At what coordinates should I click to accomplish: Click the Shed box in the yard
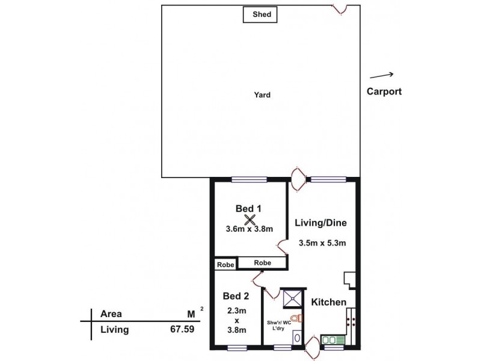coord(260,14)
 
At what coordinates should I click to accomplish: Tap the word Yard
coord(262,94)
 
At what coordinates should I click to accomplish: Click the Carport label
coord(384,92)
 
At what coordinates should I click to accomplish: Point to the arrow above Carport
coord(381,75)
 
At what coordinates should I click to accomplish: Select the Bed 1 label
coord(248,208)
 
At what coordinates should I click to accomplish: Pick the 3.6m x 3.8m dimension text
coord(250,229)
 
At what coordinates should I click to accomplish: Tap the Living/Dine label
coord(321,223)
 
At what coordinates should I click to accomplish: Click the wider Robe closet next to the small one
coord(262,263)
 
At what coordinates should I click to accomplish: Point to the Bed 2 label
coord(236,295)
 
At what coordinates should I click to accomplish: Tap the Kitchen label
coord(328,301)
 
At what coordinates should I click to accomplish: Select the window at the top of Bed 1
coord(248,178)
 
